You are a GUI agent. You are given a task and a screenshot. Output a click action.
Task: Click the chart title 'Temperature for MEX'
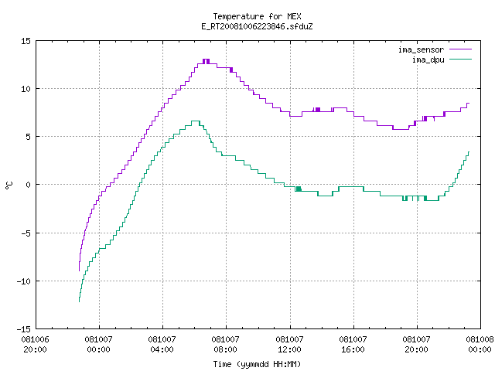(257, 16)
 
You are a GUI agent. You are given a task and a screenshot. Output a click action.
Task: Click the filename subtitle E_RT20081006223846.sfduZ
(257, 26)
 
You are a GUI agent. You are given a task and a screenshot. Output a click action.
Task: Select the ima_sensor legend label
(421, 49)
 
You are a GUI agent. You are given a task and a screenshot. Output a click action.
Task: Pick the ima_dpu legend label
(428, 60)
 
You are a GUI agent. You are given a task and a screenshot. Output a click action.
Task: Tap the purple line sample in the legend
(461, 49)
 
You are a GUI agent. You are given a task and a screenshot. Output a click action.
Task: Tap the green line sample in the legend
(461, 60)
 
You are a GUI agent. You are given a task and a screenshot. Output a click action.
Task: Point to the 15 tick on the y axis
(26, 41)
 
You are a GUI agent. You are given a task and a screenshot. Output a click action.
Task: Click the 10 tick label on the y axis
(26, 89)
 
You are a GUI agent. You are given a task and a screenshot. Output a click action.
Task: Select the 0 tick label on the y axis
(29, 185)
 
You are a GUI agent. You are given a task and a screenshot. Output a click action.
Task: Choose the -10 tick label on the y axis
(24, 281)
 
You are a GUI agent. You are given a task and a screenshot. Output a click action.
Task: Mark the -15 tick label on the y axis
(24, 329)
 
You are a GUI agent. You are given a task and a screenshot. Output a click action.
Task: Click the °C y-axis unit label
(9, 185)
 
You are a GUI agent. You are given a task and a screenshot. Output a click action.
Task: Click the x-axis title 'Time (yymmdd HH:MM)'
(257, 364)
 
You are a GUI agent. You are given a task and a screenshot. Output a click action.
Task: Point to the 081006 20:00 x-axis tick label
(36, 345)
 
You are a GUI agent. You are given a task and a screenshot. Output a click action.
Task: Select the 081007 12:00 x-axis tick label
(289, 345)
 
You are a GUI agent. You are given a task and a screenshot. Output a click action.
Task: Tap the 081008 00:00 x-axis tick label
(480, 345)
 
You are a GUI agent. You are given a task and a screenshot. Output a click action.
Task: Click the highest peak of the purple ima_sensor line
(207, 60)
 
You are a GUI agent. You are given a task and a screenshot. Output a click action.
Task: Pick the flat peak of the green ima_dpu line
(196, 121)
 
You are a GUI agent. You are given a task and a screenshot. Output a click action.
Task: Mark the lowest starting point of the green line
(79, 302)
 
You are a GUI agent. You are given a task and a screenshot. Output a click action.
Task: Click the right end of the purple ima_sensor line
(469, 103)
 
